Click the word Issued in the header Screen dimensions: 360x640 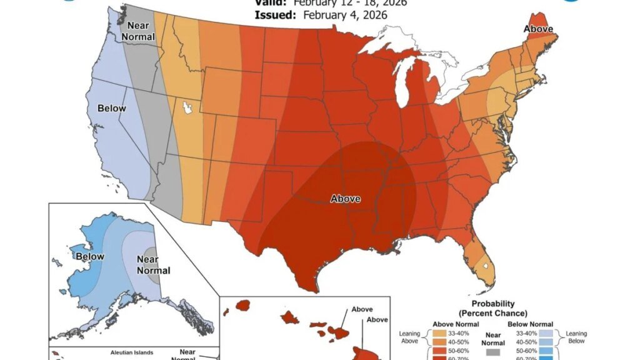point(274,14)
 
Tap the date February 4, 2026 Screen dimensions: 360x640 point(344,14)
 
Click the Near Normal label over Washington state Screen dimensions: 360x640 point(137,31)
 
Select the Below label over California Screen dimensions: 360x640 point(112,108)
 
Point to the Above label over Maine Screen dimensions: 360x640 point(537,29)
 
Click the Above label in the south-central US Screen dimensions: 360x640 point(345,199)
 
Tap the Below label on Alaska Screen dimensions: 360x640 point(89,256)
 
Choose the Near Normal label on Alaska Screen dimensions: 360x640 point(153,265)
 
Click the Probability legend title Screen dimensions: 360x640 point(492,308)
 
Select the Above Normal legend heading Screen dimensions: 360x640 point(455,324)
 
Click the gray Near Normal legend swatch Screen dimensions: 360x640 point(493,353)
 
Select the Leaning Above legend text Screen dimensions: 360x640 point(409,337)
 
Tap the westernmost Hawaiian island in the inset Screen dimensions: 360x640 point(242,306)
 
